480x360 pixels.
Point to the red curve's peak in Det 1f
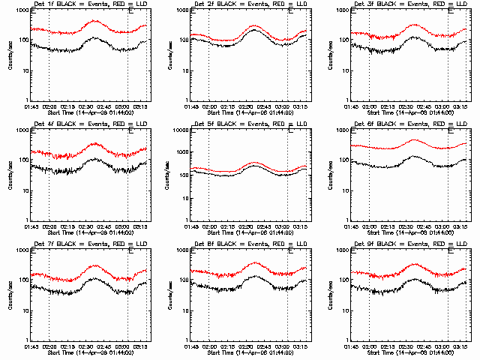click(x=94, y=21)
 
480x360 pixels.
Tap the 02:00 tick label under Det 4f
click(x=49, y=227)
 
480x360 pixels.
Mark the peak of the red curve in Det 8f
click(x=255, y=263)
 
